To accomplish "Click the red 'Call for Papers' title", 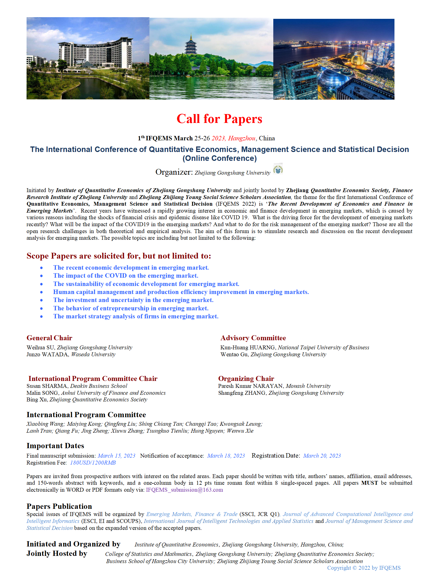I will click(219, 119).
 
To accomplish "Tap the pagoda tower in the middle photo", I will click(191, 46).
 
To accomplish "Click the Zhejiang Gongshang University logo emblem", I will click(278, 169).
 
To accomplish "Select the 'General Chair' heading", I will click(49, 338).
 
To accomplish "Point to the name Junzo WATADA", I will click(47, 355).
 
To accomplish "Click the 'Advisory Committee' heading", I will click(253, 338).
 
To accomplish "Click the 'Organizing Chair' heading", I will click(246, 378).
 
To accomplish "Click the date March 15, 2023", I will click(116, 456).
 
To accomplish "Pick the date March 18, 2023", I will click(226, 456).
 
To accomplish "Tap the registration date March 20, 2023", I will click(322, 456).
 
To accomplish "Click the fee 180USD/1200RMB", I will click(93, 463).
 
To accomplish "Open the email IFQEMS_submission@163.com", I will click(184, 490).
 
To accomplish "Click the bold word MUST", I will click(369, 483).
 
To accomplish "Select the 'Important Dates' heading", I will click(55, 446).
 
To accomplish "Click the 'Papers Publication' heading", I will click(59, 506).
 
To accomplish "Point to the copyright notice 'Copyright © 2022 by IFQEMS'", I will click(364, 568).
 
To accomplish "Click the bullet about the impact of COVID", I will click(126, 276).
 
